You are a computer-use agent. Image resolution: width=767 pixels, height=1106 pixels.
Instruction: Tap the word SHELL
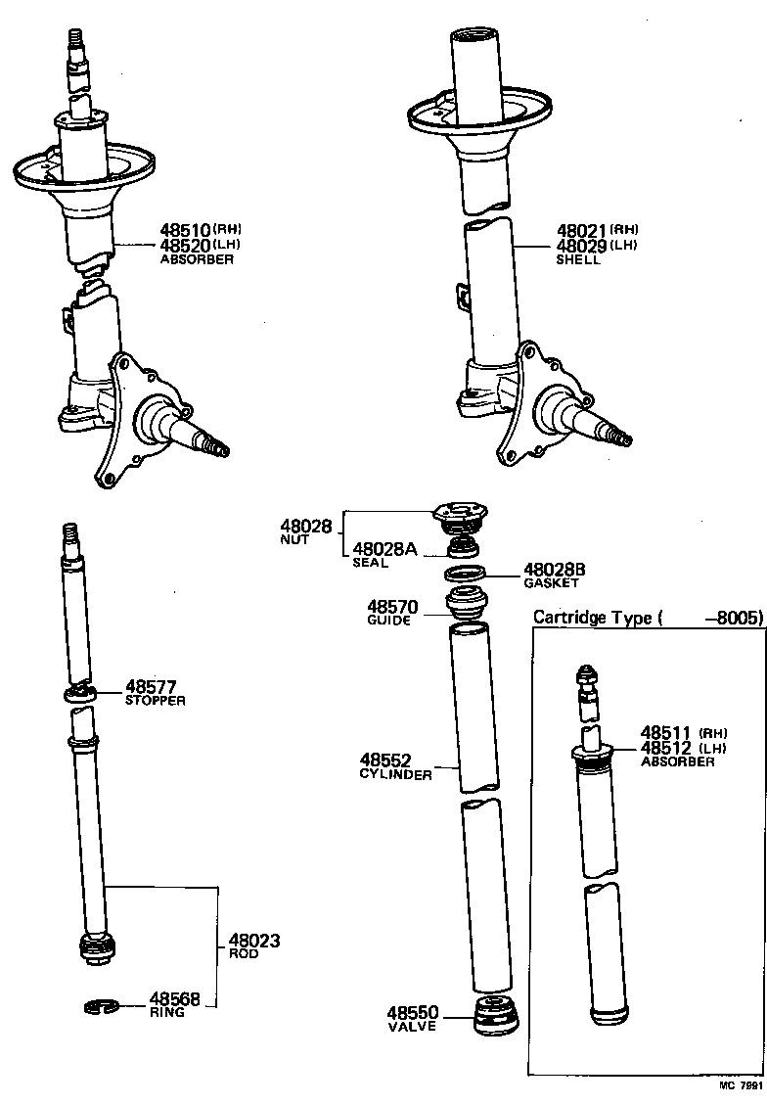tap(578, 260)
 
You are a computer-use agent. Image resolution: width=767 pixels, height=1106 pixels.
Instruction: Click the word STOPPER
tap(155, 701)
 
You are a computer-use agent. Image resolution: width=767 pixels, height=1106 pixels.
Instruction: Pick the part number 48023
tap(254, 941)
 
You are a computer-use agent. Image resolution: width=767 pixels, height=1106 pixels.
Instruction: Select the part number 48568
tap(174, 999)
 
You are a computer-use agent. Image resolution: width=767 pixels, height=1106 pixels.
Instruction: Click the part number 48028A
tap(384, 549)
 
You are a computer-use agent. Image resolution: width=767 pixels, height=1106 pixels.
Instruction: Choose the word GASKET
tap(552, 582)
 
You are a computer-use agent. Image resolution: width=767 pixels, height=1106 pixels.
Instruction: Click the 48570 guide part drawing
tap(466, 602)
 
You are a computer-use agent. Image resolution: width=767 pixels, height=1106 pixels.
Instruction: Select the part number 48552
tap(384, 760)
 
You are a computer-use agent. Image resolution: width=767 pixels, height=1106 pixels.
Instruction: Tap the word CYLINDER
tap(395, 775)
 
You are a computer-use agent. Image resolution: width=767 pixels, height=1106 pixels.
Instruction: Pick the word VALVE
tap(411, 1027)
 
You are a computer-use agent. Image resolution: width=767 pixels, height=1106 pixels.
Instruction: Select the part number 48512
tap(666, 747)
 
